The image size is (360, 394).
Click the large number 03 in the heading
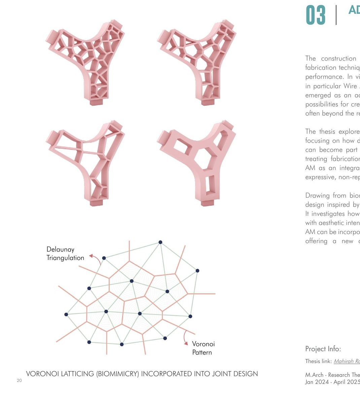point(316,15)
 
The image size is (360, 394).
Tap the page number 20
point(19,381)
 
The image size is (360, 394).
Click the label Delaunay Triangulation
point(65,254)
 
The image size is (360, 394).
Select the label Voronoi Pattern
point(203,348)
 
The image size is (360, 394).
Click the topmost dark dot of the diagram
point(160,242)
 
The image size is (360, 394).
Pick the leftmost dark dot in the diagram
point(66,315)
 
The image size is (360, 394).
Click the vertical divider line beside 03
point(336,15)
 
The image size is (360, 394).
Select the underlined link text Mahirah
point(343,361)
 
